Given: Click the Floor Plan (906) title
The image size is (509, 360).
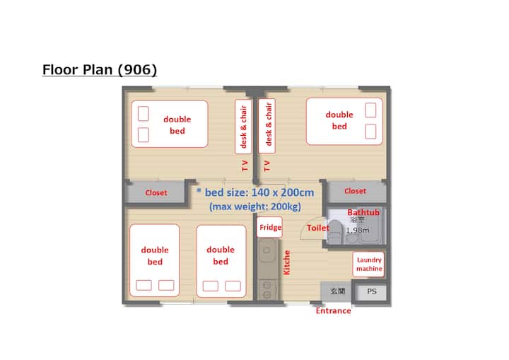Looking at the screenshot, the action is pyautogui.click(x=100, y=69).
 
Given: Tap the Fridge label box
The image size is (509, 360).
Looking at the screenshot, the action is pyautogui.click(x=269, y=227).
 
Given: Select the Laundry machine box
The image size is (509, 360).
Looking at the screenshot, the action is pyautogui.click(x=368, y=264).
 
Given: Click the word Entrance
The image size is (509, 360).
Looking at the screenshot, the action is pyautogui.click(x=334, y=310).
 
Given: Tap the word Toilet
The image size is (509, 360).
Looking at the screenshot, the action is pyautogui.click(x=318, y=228).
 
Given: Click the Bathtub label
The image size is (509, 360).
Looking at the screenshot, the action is pyautogui.click(x=363, y=212).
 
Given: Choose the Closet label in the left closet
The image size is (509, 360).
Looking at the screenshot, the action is pyautogui.click(x=156, y=192).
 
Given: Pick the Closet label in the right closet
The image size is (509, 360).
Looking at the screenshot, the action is pyautogui.click(x=355, y=191).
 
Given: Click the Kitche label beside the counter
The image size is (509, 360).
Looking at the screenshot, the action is pyautogui.click(x=286, y=262).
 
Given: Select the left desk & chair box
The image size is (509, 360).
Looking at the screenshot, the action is pyautogui.click(x=243, y=127).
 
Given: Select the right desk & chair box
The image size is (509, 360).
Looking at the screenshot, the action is pyautogui.click(x=267, y=125).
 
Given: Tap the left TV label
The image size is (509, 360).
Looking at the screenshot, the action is pyautogui.click(x=245, y=166).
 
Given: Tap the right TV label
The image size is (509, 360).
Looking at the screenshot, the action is pyautogui.click(x=267, y=166).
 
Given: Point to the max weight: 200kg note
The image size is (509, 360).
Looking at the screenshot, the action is pyautogui.click(x=255, y=207).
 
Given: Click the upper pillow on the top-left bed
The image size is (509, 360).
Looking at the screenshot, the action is pyautogui.click(x=144, y=114).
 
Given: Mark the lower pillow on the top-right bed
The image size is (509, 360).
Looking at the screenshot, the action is pyautogui.click(x=370, y=132).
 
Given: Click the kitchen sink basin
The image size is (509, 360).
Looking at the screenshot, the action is pyautogui.click(x=267, y=251).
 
